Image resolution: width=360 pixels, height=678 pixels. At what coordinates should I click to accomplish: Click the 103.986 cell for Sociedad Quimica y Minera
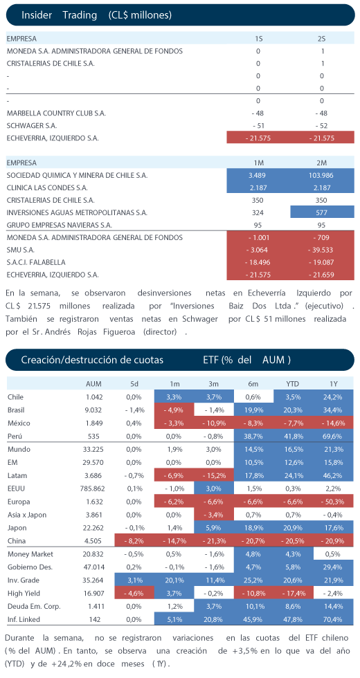(x=322, y=176)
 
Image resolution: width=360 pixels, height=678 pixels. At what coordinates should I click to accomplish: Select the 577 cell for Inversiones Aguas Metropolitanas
(x=322, y=212)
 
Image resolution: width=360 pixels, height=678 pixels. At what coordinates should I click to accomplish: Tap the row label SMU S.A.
(x=21, y=250)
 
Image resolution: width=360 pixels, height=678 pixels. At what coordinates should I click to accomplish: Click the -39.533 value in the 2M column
(x=322, y=250)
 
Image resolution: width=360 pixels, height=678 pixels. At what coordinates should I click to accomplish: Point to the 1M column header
(x=258, y=163)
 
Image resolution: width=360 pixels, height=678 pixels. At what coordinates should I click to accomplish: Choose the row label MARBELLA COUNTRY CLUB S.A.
(x=56, y=113)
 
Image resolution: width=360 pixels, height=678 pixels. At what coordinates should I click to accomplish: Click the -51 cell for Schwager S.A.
(x=258, y=126)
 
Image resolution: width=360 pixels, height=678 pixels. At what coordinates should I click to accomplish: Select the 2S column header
(x=322, y=39)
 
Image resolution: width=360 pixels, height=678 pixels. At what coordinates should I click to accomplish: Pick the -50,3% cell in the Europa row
(x=334, y=502)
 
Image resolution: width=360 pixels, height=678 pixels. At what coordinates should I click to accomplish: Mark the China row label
(x=17, y=540)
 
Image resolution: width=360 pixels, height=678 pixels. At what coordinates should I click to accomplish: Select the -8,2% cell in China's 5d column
(x=134, y=540)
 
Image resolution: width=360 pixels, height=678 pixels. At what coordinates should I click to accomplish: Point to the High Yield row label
(x=22, y=594)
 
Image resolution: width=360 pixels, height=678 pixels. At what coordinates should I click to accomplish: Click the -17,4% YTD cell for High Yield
(x=294, y=594)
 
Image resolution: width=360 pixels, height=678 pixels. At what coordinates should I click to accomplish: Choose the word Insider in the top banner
(x=36, y=15)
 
